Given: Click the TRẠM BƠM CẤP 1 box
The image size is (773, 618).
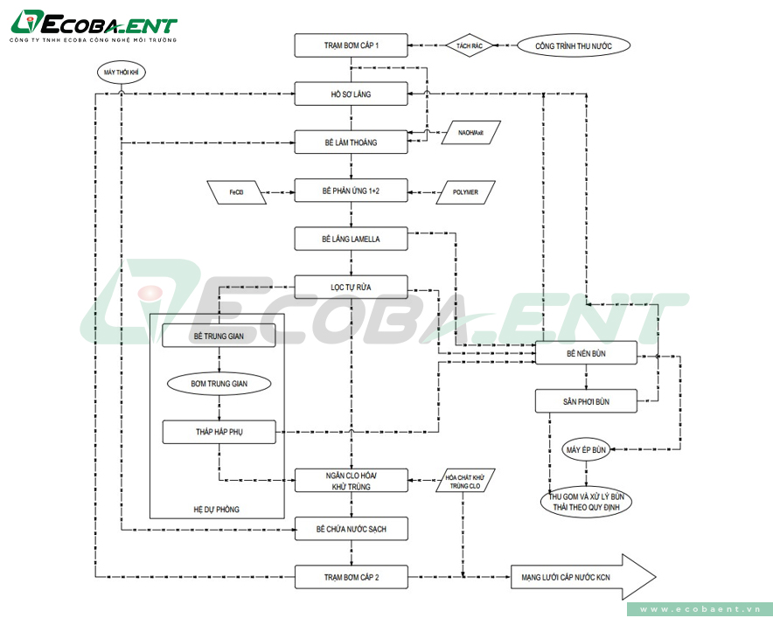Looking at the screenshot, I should pos(351,45).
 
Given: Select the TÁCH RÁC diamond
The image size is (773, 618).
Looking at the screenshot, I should pos(470,45).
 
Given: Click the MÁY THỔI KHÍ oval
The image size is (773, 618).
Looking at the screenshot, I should pos(122,72).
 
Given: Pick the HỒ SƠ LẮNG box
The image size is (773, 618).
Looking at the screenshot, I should pos(351,94).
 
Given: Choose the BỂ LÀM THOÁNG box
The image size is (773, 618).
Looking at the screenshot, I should pos(351,142).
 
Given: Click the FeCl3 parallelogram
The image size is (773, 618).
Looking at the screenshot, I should pos(237,191).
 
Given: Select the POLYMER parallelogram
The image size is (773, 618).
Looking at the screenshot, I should pos(465,191).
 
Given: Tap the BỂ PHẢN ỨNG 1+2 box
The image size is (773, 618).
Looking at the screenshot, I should pos(351,191).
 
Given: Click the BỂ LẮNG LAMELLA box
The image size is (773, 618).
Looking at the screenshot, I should pos(351,238).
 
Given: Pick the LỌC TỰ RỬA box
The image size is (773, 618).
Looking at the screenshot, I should pos(351,286).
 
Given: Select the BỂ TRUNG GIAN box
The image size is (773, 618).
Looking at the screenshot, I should pos(219,335).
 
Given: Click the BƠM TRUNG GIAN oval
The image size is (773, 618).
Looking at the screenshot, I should pos(219,383).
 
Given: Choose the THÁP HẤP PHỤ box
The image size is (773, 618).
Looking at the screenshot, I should pos(219,432).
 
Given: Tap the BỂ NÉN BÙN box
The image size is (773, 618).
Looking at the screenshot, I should pos(586,354).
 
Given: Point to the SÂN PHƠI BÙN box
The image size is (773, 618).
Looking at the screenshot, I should pos(586,401).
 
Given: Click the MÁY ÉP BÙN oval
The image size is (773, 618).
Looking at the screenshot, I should pos(586,449).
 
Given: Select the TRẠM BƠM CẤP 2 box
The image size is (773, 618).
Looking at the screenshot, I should pos(351,576).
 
